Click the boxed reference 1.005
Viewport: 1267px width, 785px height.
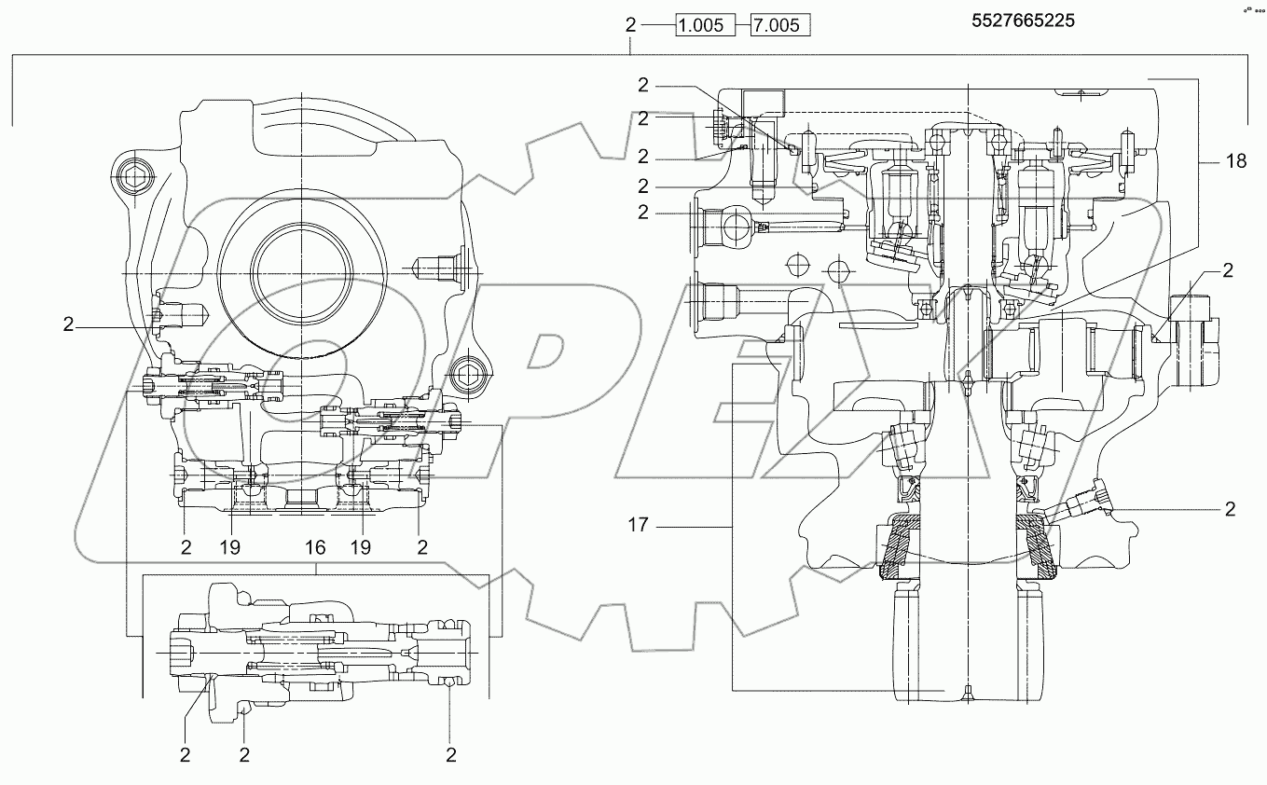701,25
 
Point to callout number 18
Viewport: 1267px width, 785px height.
1235,161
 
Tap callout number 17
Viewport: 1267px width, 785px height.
638,526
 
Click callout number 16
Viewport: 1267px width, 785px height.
314,547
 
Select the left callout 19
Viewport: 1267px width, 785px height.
229,547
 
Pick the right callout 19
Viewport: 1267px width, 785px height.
361,547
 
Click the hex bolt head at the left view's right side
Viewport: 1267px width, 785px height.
464,375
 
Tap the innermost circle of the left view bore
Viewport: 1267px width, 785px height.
302,270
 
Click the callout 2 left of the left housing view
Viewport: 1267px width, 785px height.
68,324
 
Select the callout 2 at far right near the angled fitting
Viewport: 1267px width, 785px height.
1230,509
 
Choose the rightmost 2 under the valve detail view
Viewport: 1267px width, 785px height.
450,753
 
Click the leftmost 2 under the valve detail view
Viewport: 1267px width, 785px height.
186,753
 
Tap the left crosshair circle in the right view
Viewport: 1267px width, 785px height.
795,266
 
